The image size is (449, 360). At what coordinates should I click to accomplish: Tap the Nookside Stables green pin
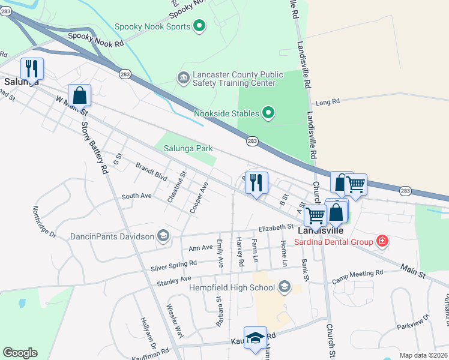click(x=268, y=113)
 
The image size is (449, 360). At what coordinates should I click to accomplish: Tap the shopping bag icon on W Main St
click(x=79, y=95)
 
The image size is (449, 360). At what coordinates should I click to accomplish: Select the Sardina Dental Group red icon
click(x=382, y=241)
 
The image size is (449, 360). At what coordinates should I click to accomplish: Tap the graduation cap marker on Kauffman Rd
click(x=255, y=338)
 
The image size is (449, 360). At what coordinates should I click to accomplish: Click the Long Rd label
click(x=327, y=103)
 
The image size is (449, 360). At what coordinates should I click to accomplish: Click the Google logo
click(x=20, y=353)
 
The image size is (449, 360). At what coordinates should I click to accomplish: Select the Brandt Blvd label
click(x=151, y=170)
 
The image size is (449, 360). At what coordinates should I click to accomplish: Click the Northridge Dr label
click(x=44, y=221)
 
